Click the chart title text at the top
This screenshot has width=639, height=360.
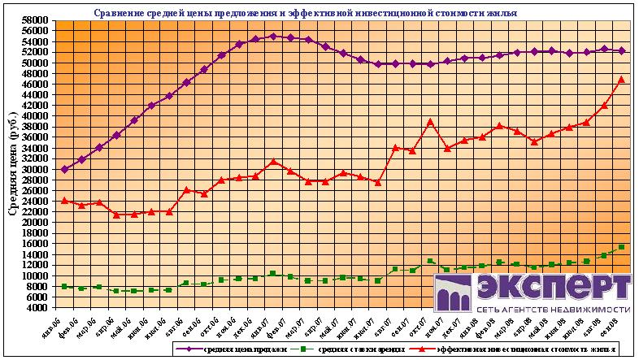(x=305, y=14)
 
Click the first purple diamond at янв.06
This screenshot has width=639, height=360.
(x=64, y=169)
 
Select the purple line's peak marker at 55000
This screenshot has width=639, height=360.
(x=272, y=36)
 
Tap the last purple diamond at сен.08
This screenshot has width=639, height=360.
(x=622, y=50)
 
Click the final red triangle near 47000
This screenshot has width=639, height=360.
(x=622, y=79)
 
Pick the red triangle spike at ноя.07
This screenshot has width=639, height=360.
(x=430, y=122)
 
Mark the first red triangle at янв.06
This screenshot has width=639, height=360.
(x=64, y=200)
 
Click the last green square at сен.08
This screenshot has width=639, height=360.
(x=622, y=247)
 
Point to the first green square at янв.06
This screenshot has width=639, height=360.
(x=64, y=286)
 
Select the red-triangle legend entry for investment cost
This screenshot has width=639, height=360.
(x=520, y=349)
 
